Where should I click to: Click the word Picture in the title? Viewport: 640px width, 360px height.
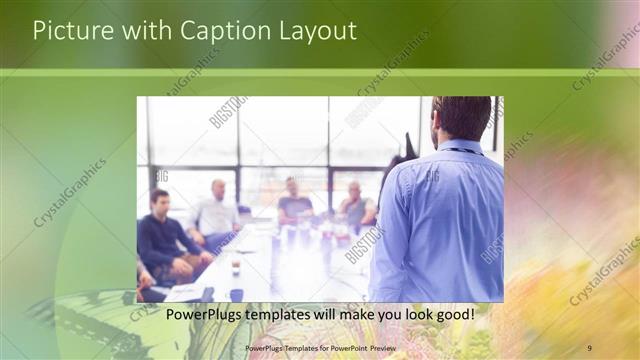70,31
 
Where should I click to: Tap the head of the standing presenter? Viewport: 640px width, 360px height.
461,118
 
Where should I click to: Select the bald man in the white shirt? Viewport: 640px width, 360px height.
215,210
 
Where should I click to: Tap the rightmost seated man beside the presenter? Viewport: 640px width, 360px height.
355,207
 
